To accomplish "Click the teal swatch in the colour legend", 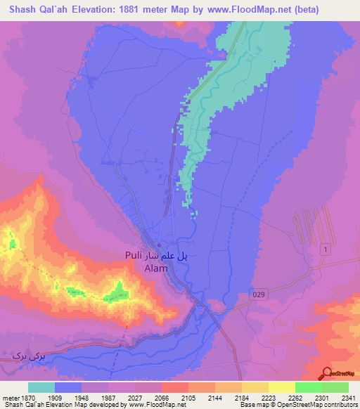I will [41, 387].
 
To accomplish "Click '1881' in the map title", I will [139, 9].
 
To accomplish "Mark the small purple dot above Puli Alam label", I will [160, 245].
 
